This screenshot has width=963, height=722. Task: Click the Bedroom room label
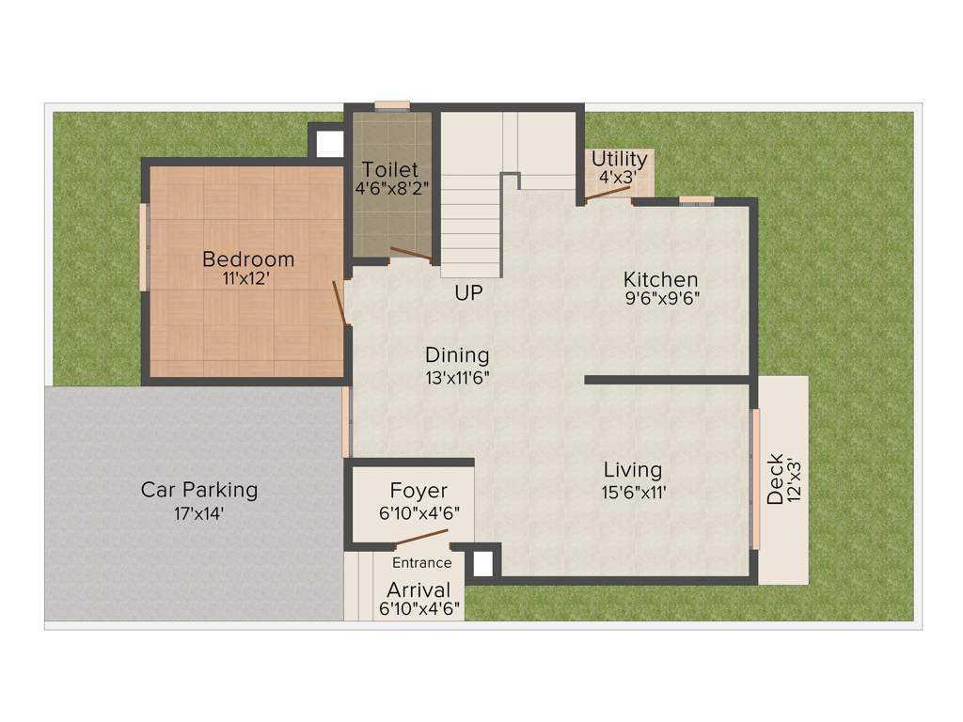pyautogui.click(x=248, y=259)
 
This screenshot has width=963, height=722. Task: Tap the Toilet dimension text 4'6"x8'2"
pyautogui.click(x=391, y=187)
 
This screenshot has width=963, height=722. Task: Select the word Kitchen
pyautogui.click(x=661, y=279)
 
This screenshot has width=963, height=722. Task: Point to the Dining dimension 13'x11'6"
pyautogui.click(x=457, y=378)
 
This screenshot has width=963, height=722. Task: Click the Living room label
pyautogui.click(x=632, y=469)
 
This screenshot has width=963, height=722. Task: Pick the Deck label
pyautogui.click(x=775, y=479)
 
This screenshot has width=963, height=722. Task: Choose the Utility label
pyautogui.click(x=619, y=158)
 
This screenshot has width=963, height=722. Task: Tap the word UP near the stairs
pyautogui.click(x=468, y=294)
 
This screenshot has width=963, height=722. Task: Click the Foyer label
pyautogui.click(x=418, y=491)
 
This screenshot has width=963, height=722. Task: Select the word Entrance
pyautogui.click(x=421, y=563)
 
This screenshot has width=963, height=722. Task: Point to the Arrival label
pyautogui.click(x=418, y=589)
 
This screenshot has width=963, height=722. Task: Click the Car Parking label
pyautogui.click(x=198, y=490)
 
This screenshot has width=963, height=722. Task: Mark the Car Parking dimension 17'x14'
pyautogui.click(x=198, y=514)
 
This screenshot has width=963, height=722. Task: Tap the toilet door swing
pyautogui.click(x=411, y=253)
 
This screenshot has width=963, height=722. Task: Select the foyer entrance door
pyautogui.click(x=421, y=538)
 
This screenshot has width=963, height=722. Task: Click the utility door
pyautogui.click(x=607, y=194)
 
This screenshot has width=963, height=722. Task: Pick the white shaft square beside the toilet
pyautogui.click(x=329, y=144)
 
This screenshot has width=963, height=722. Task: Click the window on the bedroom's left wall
pyautogui.click(x=144, y=246)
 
